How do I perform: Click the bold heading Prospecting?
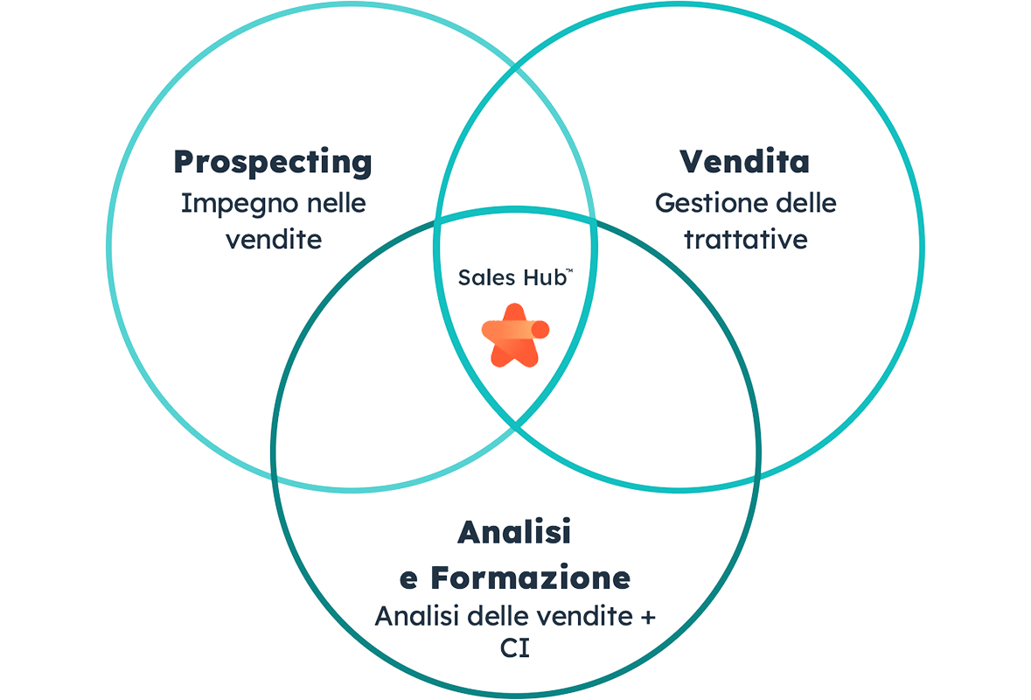coord(273,162)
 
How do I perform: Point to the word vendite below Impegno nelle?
coord(273,239)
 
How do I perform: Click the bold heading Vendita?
coord(744,162)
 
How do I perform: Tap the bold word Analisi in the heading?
coord(514,531)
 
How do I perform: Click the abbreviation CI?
coord(515,650)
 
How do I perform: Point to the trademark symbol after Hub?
coord(569,272)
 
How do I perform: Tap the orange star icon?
coord(514,334)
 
